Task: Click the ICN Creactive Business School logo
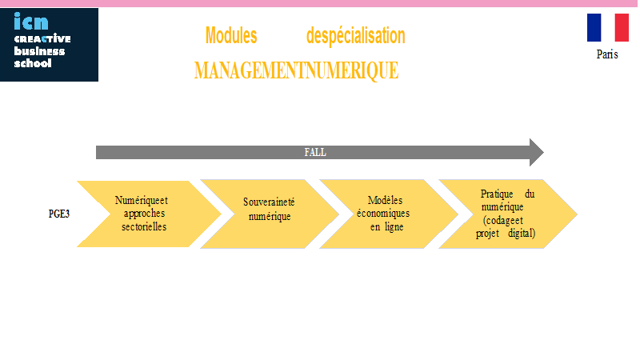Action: tap(49, 45)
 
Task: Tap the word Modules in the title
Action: tap(231, 35)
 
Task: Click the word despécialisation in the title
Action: tap(355, 36)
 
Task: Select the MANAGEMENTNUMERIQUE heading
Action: tap(296, 70)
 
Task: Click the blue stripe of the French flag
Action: tap(594, 28)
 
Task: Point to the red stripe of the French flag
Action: tap(622, 28)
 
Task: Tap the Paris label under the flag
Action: tap(607, 54)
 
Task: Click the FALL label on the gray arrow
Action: tap(315, 152)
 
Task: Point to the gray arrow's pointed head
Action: tap(543, 152)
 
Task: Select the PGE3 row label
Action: tap(59, 214)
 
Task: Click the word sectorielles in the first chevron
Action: tap(144, 226)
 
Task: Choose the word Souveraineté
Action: tap(269, 202)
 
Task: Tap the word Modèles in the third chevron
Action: tap(385, 201)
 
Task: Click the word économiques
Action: tap(383, 214)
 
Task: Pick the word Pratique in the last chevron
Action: tap(497, 194)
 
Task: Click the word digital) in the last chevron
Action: tap(522, 233)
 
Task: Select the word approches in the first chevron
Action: tap(145, 214)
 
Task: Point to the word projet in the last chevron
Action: tap(487, 234)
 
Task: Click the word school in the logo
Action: tap(33, 63)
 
